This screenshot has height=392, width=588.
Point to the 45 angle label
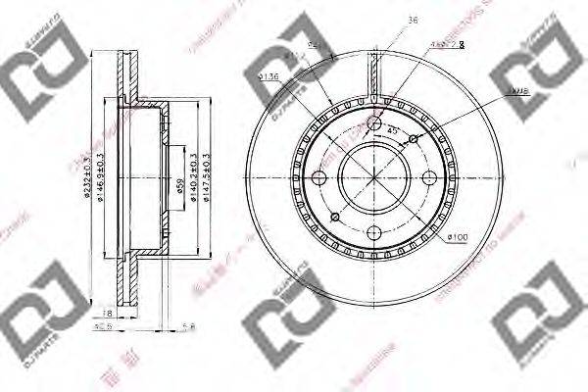[392, 131]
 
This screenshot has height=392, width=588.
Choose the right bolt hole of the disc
[428, 178]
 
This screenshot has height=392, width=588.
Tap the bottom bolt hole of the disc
[374, 232]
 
